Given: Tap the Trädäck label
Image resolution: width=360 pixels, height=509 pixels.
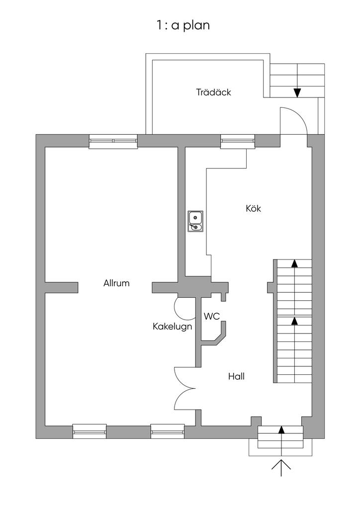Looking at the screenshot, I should [x=213, y=92].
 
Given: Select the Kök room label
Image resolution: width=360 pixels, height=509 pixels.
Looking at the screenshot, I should [x=253, y=208].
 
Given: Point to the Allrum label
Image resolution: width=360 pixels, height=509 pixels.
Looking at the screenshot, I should [x=116, y=283].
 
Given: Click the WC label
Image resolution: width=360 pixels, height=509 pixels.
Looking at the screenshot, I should [x=212, y=316].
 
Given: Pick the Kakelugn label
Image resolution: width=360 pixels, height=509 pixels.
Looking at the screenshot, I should [x=172, y=327].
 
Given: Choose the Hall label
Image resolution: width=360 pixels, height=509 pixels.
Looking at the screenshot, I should [x=236, y=376].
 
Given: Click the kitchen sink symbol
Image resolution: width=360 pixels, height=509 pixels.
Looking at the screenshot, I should [x=195, y=221].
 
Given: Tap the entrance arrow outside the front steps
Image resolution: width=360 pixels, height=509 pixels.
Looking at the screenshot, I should [x=281, y=467].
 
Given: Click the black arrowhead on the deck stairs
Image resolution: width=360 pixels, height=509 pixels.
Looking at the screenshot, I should [x=297, y=92].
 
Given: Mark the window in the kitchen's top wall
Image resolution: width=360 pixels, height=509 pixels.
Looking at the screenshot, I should [x=238, y=142].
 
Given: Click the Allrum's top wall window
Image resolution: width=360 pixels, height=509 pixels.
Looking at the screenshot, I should [x=113, y=142].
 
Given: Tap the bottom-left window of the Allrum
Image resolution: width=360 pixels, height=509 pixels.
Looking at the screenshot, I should [x=90, y=431].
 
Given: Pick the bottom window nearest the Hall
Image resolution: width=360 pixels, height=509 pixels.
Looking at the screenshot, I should [x=168, y=431].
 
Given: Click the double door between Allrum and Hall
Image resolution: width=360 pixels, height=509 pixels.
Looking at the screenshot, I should [x=185, y=388].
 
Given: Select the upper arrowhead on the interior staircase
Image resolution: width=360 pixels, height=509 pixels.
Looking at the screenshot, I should [x=294, y=263].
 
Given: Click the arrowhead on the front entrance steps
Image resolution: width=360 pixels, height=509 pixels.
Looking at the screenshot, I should [x=281, y=429].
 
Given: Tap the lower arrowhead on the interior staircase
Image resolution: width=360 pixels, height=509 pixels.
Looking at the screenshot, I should [x=294, y=321].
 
